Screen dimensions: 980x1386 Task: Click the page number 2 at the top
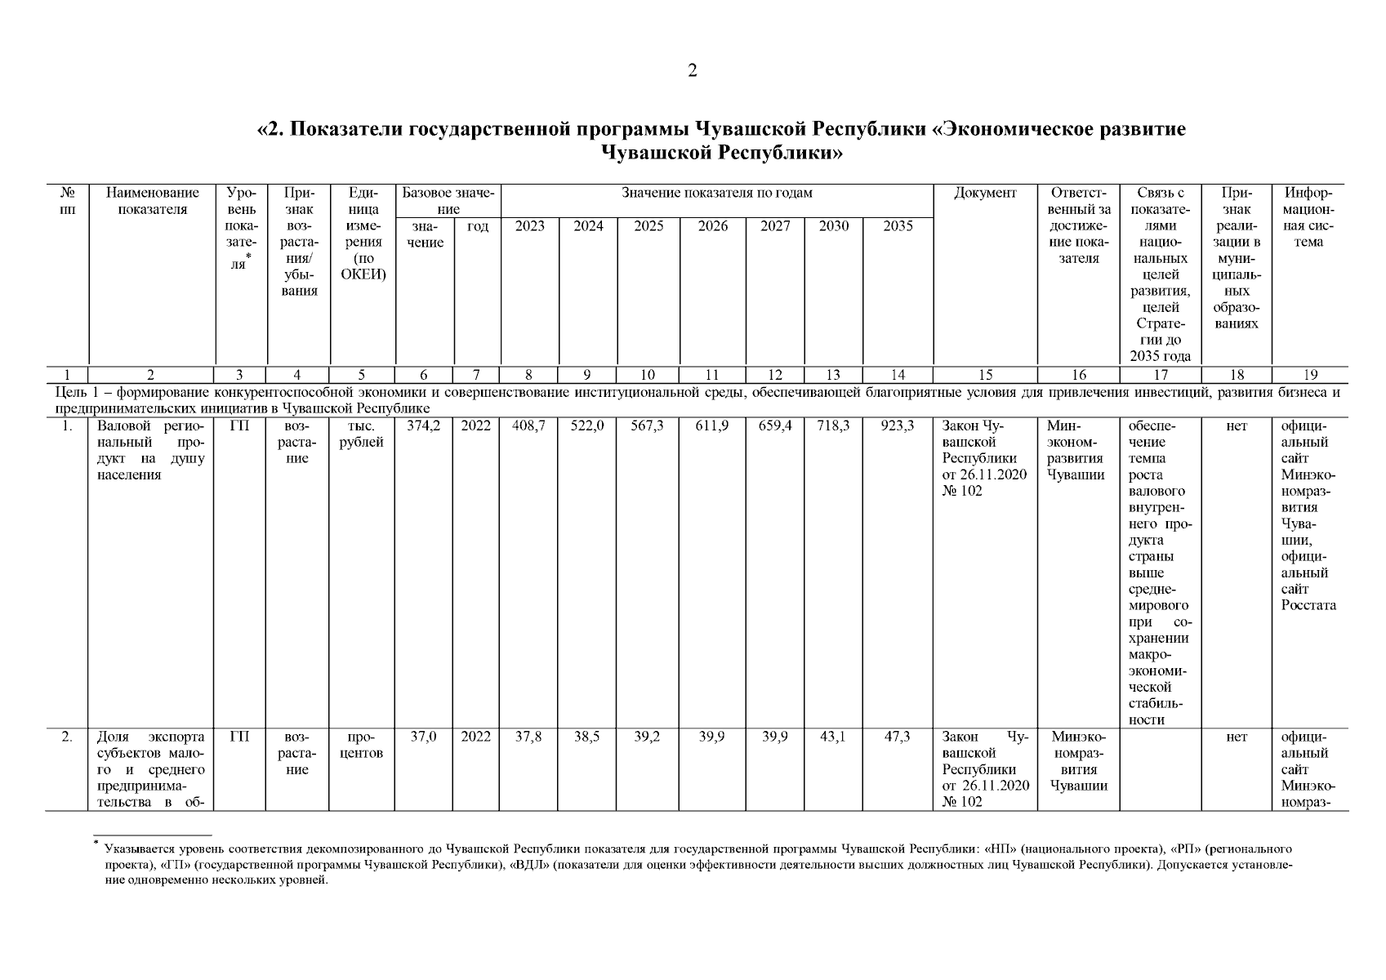(x=693, y=71)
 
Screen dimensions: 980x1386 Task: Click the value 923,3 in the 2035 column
(x=898, y=426)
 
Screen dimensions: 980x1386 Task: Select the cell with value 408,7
(x=529, y=426)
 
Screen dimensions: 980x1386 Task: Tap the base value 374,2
(x=424, y=426)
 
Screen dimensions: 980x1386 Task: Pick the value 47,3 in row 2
(x=898, y=737)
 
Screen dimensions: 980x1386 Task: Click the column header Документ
(x=985, y=194)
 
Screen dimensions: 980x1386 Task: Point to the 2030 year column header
(x=834, y=226)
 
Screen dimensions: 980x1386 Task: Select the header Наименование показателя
(x=152, y=202)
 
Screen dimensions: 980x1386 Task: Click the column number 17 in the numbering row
(x=1160, y=376)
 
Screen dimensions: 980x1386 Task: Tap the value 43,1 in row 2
(x=834, y=737)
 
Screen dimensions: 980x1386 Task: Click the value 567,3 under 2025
(x=648, y=426)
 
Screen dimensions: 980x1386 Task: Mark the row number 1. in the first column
(x=67, y=426)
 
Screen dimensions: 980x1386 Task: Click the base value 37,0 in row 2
(x=424, y=737)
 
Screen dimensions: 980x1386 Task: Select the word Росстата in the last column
(x=1308, y=606)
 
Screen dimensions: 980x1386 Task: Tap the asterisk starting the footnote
(x=96, y=842)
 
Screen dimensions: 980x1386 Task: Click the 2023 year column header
(x=529, y=226)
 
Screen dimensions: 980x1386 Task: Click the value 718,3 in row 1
(x=834, y=426)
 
